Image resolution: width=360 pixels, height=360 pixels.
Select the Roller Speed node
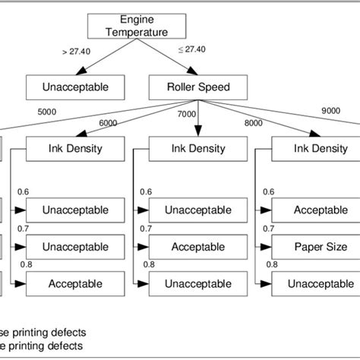click(x=198, y=87)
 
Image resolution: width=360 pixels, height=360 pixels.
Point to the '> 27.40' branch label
click(x=76, y=52)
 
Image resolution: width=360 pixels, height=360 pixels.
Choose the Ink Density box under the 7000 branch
click(x=197, y=148)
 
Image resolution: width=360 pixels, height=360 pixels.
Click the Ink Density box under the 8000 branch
click(x=321, y=148)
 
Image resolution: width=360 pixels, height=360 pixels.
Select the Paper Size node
click(x=321, y=247)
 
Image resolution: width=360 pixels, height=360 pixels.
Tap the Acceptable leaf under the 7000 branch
click(x=197, y=247)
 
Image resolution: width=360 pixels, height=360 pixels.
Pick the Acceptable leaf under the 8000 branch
click(x=321, y=210)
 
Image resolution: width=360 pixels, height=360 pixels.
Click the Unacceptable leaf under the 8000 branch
click(x=321, y=283)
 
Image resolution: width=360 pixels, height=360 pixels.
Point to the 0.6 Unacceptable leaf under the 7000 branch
click(x=197, y=210)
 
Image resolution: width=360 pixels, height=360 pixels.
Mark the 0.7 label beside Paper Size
click(x=267, y=229)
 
